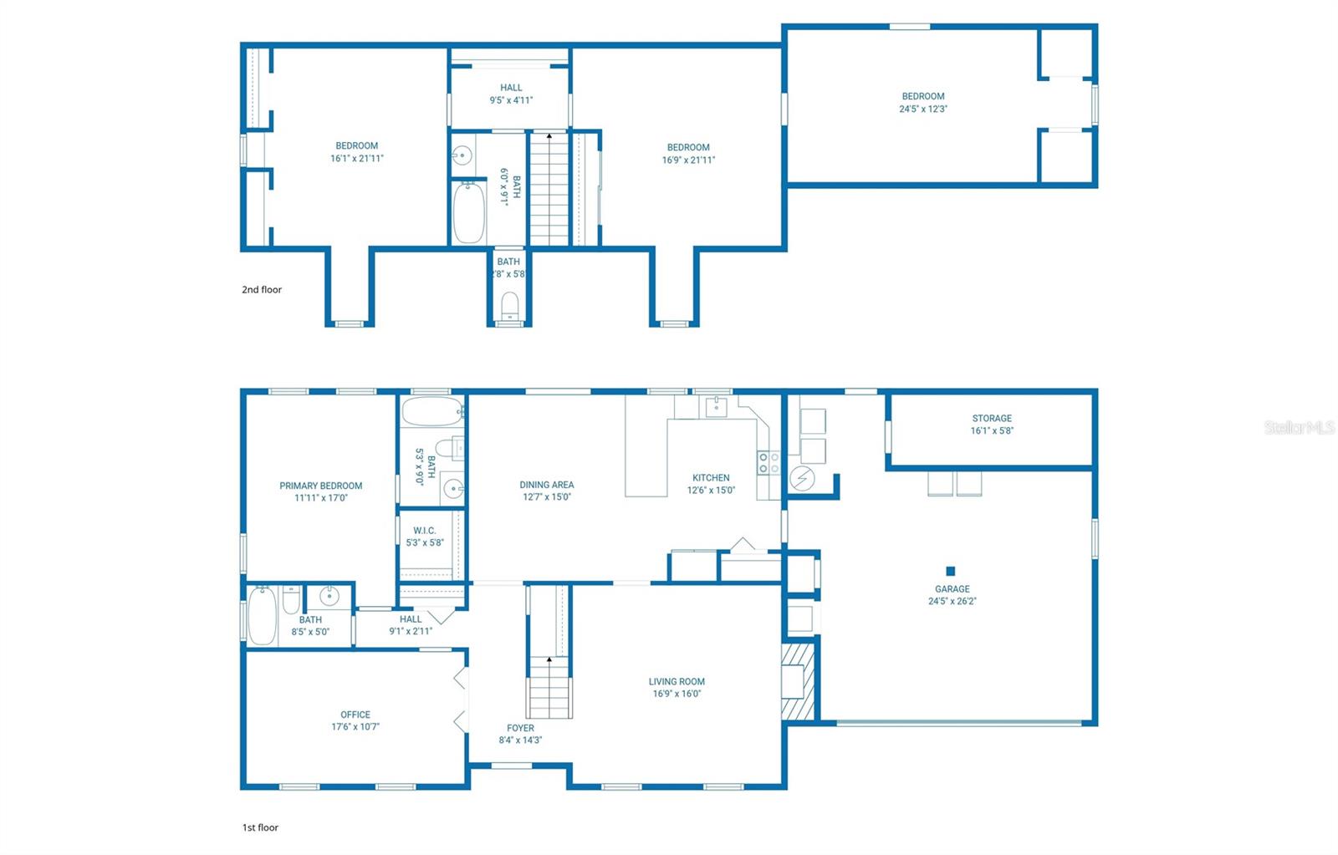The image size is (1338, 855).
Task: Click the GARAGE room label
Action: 952,588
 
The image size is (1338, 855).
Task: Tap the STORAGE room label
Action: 992,418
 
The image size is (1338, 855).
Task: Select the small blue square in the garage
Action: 950,571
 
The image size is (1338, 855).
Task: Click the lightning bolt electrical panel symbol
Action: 802,478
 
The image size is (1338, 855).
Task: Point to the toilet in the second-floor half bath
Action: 509,307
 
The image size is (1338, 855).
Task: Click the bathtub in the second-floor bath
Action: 469,212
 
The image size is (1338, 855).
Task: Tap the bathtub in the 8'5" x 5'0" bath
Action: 263,615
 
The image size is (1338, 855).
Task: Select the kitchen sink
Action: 716,407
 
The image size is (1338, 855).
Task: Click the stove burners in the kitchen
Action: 769,463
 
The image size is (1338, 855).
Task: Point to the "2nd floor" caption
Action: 262,289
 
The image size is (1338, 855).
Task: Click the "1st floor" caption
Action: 260,827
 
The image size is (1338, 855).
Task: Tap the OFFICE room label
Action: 355,715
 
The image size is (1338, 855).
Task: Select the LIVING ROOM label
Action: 677,681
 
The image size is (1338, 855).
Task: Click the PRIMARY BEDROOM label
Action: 321,486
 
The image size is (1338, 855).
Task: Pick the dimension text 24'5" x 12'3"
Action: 923,109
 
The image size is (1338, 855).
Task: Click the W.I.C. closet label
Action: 425,530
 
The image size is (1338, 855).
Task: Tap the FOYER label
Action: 520,728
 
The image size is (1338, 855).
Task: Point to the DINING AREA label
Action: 547,484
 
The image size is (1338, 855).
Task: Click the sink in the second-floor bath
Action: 462,155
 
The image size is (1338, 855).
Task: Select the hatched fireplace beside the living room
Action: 798,681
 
